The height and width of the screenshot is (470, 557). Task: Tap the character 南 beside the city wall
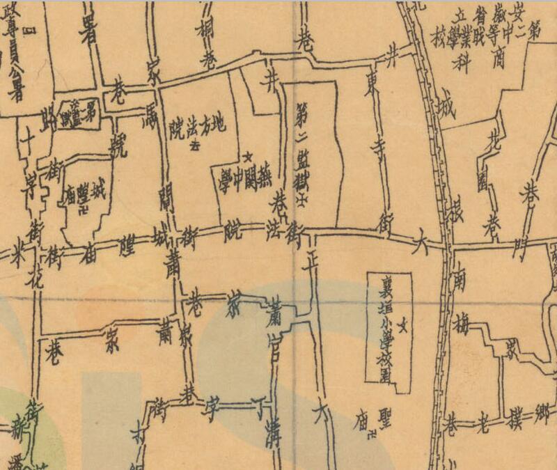pos(460,281)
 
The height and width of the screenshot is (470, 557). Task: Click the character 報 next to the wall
pos(459,203)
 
